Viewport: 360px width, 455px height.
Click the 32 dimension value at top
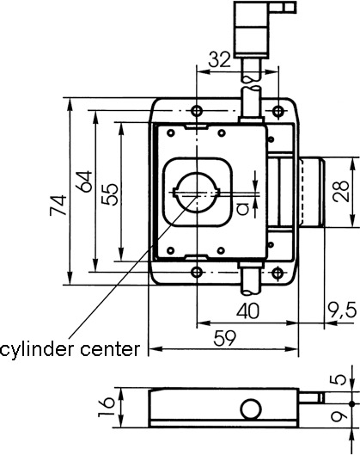coord(220,59)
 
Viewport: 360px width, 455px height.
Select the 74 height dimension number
coord(58,206)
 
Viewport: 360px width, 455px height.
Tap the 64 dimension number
coord(83,181)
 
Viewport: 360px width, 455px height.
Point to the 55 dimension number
coord(110,194)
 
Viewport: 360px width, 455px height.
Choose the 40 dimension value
coord(247,311)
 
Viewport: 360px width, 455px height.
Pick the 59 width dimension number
coord(224,338)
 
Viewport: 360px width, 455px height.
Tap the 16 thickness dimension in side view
coord(106,408)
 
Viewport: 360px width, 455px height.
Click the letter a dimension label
coord(243,209)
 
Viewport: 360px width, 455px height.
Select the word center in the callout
coord(111,349)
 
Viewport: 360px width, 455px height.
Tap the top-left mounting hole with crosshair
coord(197,111)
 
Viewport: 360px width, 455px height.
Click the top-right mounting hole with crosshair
coord(278,111)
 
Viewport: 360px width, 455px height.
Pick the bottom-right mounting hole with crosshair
coord(278,272)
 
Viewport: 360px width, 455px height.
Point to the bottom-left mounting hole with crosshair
coord(197,272)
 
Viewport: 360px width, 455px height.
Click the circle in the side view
coord(251,409)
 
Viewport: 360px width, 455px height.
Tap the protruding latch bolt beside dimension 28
coord(312,192)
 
